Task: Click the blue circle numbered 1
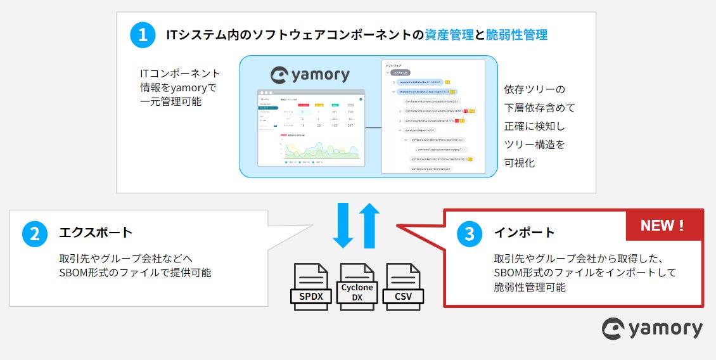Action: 143,35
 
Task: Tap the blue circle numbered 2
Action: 35,233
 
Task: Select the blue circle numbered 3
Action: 470,233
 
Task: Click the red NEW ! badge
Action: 663,225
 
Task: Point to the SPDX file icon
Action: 310,287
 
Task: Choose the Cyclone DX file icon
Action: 357,287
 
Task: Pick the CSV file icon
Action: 404,287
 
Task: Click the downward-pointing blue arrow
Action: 343,225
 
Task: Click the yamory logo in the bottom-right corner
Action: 652,328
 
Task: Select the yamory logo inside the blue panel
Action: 310,75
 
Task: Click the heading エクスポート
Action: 96,233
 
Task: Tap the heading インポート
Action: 524,233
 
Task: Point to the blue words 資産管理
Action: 450,35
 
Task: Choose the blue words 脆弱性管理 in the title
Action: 516,35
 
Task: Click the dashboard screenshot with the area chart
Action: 311,127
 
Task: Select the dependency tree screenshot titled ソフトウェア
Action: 432,117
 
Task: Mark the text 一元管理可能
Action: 170,101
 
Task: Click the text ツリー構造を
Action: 534,145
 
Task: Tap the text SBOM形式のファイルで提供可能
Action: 135,273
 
